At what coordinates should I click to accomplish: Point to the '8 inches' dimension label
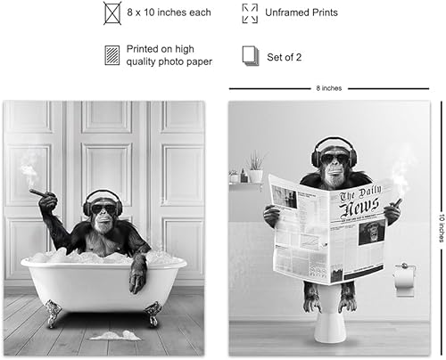point(329,88)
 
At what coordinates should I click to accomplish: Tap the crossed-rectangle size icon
point(112,13)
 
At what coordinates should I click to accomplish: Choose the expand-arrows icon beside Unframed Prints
point(250,13)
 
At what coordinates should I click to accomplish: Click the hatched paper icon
point(112,55)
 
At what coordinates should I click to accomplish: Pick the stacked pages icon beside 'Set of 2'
point(251,55)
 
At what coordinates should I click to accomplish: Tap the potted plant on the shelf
point(255,168)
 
